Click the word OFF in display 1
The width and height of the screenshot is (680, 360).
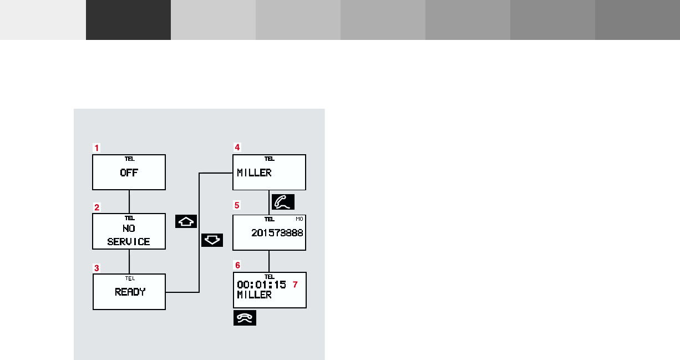129,173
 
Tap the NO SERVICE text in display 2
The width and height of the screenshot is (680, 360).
129,235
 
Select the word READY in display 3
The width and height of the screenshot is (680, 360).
130,292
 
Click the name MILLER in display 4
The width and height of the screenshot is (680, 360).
254,173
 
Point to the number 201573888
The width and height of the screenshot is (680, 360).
277,233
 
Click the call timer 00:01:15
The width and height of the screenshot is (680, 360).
261,285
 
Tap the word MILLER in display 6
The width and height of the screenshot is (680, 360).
254,295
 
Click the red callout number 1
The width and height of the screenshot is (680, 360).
97,148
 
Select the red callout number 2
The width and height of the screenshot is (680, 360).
97,207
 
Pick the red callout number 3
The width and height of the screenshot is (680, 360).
97,267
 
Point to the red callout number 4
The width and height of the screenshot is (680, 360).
237,148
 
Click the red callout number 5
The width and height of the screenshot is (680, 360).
237,205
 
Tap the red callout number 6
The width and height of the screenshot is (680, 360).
237,265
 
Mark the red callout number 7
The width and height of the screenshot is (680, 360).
295,285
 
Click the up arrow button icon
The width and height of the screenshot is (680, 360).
186,221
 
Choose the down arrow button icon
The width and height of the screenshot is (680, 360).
212,240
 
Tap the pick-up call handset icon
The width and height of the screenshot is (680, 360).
283,201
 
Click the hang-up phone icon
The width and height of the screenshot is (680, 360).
245,318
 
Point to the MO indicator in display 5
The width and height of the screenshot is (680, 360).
300,219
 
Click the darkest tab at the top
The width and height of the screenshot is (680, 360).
128,20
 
